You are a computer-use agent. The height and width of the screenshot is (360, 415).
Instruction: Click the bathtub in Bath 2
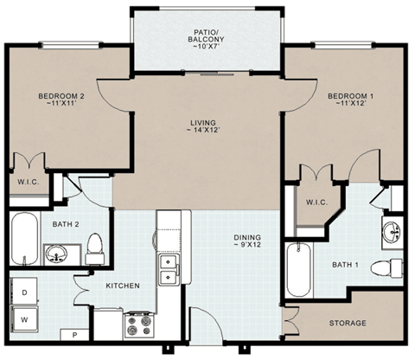[x=24, y=239]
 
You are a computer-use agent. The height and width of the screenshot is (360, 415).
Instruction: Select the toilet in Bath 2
[x=95, y=247]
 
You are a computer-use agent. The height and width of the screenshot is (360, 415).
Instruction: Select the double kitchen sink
[x=168, y=269]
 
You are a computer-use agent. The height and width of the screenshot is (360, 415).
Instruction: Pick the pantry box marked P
[x=74, y=334]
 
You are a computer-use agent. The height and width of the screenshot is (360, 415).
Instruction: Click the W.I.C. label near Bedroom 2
[x=23, y=183]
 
